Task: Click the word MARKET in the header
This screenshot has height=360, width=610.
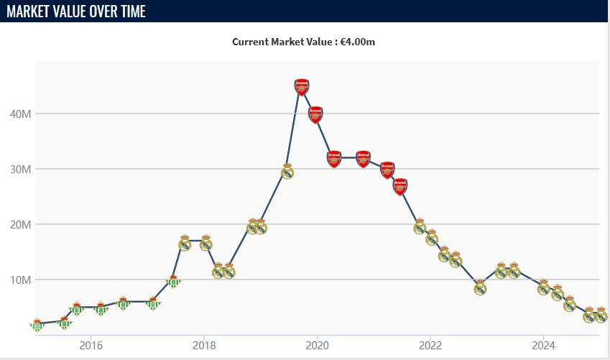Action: pos(29,11)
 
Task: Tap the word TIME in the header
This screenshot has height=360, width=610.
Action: pos(130,11)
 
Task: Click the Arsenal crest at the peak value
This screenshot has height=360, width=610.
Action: pos(302,87)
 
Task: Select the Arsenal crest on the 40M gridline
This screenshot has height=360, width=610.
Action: pos(316,114)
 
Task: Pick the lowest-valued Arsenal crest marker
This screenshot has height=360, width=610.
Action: pos(401,187)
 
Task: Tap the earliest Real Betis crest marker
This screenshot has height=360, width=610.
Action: pos(37,325)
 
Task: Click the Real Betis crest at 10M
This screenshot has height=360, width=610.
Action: pos(173,281)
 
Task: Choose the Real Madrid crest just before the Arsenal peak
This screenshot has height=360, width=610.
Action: pos(287,171)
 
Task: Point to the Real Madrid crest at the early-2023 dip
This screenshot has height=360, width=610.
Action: pos(481,287)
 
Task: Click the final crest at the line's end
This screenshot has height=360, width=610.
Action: pos(601,315)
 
